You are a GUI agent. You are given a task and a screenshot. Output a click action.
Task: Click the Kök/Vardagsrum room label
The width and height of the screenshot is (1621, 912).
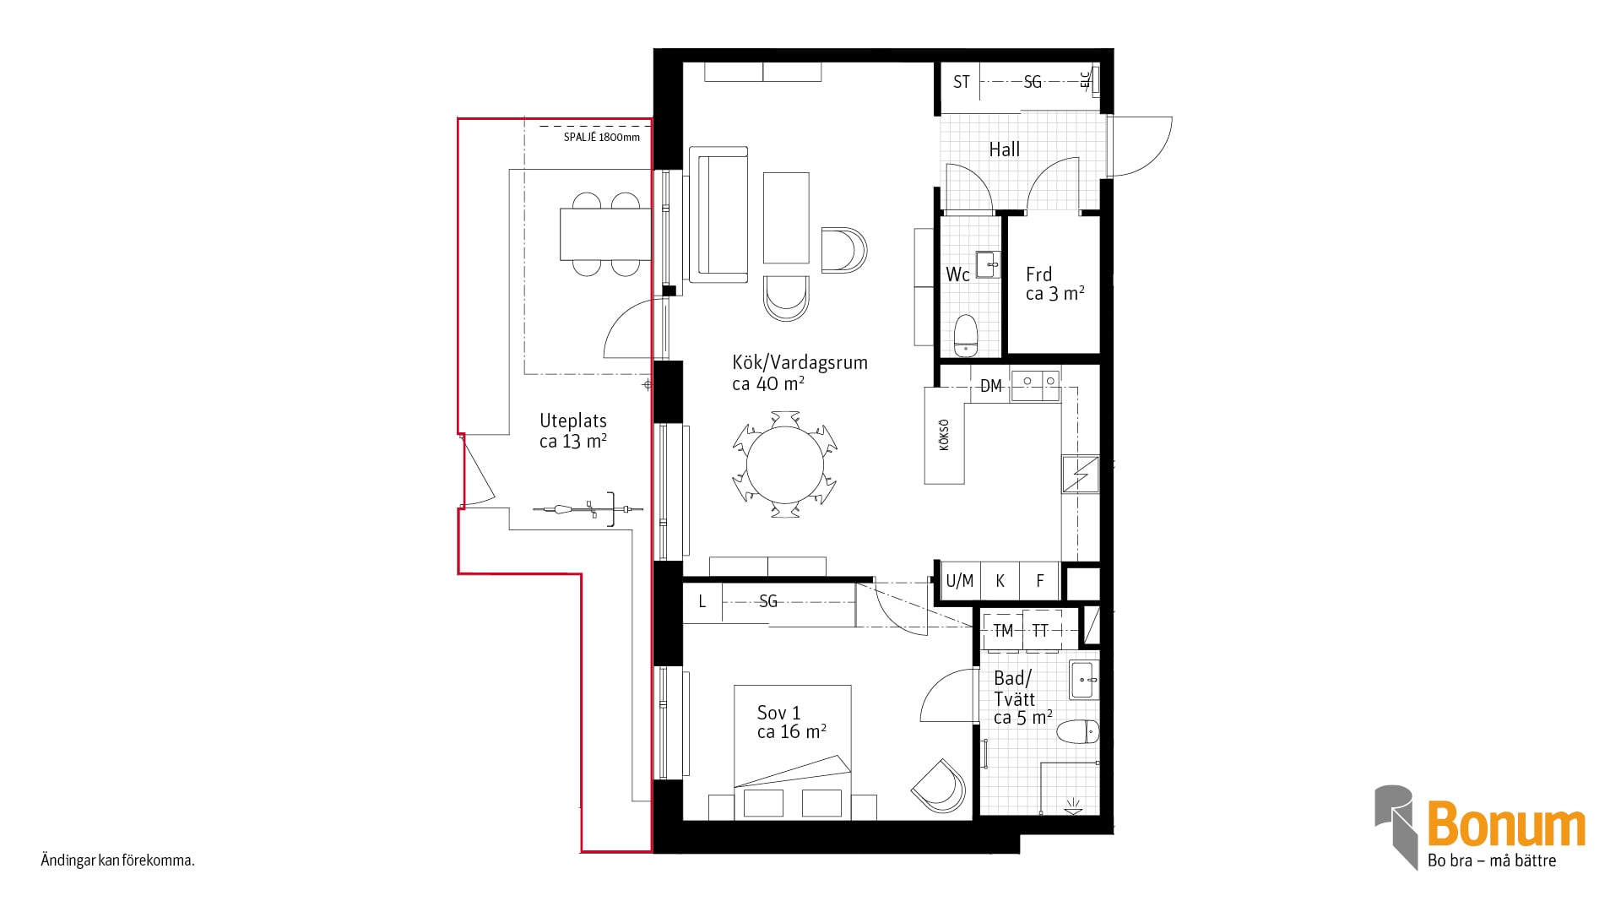[x=800, y=372]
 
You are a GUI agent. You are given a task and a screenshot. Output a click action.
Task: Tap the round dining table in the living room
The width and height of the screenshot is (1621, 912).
[x=785, y=464]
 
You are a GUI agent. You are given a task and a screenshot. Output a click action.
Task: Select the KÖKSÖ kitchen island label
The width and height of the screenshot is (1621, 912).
[x=944, y=435]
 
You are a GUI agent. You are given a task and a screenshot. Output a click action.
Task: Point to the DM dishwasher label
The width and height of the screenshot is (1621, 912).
[x=990, y=386]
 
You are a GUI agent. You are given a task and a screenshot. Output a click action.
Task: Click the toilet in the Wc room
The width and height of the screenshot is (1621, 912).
[x=965, y=335]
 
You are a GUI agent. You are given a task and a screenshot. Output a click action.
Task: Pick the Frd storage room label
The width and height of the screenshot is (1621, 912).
[x=1054, y=284]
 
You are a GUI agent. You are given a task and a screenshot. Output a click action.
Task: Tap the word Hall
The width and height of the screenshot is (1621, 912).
[x=1004, y=149]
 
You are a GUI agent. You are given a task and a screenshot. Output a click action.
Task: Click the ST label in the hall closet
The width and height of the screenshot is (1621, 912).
[x=961, y=82]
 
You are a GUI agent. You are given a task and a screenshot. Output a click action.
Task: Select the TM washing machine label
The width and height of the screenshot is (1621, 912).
[x=1003, y=631]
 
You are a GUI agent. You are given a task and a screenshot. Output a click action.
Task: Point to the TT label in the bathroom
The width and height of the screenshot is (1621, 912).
[x=1040, y=631]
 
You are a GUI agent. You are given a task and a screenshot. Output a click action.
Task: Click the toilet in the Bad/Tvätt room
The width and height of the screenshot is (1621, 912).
[x=1078, y=731]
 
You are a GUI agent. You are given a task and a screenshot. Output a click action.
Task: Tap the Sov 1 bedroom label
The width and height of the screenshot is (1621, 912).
[x=791, y=722]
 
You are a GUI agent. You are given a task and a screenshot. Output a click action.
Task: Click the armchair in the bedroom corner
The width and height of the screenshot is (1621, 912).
[x=939, y=786]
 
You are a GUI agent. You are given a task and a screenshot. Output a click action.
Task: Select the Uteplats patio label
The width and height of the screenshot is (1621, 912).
[x=573, y=431]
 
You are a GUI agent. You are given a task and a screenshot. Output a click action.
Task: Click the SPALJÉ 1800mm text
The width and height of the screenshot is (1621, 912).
[x=602, y=137]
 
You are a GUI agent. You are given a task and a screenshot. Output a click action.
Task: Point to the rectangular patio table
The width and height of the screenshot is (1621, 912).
[x=606, y=234]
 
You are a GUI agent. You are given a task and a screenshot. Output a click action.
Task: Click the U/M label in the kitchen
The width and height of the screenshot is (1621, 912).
[x=959, y=581]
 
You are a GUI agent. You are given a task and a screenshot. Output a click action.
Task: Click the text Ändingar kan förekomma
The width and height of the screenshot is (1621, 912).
[x=118, y=861]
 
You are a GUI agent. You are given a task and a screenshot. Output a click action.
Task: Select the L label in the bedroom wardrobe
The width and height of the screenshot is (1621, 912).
[x=702, y=602]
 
